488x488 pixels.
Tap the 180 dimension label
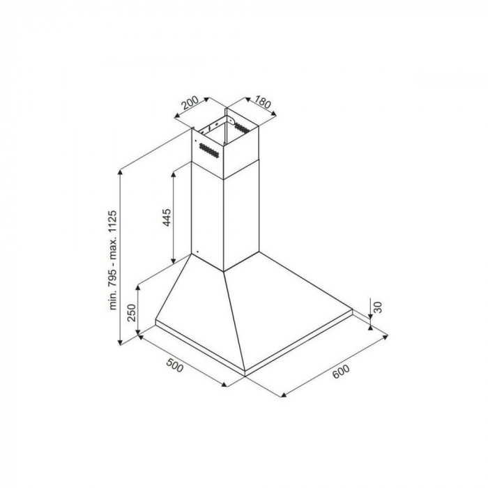[x=263, y=102]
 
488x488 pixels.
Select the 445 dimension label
[x=167, y=218]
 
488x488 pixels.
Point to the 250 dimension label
[x=132, y=313]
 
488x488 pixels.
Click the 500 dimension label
[x=175, y=365]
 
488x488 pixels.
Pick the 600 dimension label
[x=341, y=372]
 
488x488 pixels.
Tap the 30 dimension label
[x=377, y=307]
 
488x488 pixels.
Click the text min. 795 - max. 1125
[x=112, y=260]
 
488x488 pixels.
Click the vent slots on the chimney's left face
[x=208, y=151]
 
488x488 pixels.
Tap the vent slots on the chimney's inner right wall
[x=242, y=128]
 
